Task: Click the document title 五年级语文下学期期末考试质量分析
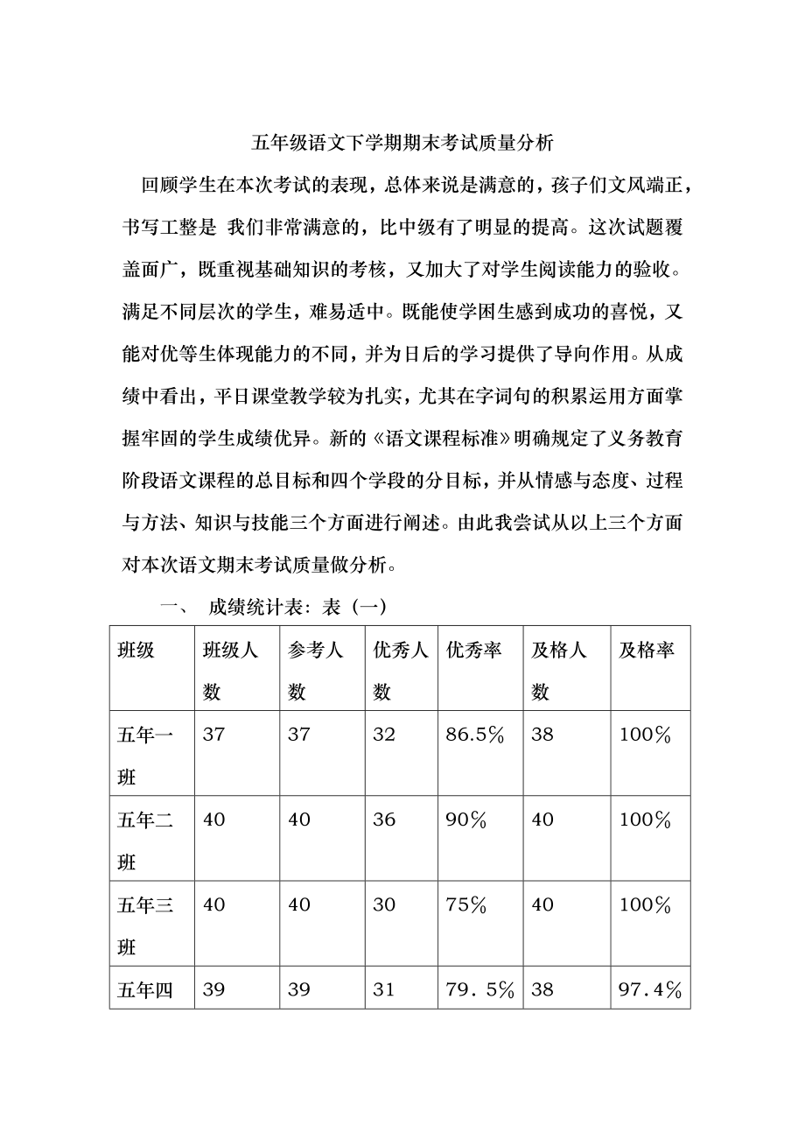[x=402, y=142]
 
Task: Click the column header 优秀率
[x=473, y=651]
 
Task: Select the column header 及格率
[x=647, y=651]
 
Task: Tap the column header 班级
[x=136, y=651]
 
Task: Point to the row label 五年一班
[x=145, y=754]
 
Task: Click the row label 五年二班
[x=145, y=839]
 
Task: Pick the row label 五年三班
[x=145, y=924]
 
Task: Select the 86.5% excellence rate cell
[x=475, y=735]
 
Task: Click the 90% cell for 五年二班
[x=464, y=820]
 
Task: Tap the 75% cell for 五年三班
[x=464, y=904]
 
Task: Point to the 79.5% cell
[x=479, y=989]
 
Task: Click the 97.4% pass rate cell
[x=649, y=989]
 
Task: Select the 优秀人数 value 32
[x=384, y=735]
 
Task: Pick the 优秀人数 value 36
[x=384, y=820]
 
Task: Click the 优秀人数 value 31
[x=384, y=989]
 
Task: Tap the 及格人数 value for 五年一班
[x=542, y=735]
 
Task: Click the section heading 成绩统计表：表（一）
[x=297, y=607]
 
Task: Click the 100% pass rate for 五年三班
[x=645, y=904]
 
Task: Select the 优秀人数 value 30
[x=384, y=904]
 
